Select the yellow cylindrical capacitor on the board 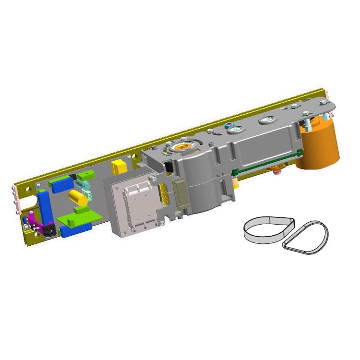pos(78,197)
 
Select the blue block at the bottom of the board pos(75,229)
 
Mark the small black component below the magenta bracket pos(48,232)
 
